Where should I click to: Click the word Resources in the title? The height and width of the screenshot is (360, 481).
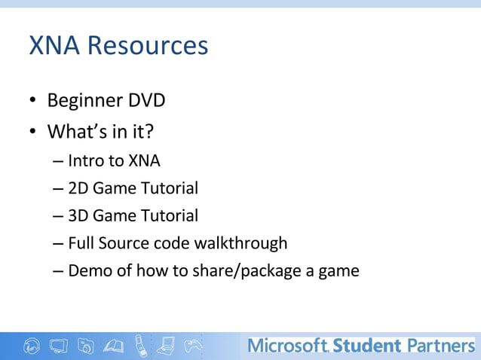click(148, 46)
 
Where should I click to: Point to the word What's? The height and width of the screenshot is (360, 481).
click(75, 132)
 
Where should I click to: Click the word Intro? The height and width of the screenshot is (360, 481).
click(85, 160)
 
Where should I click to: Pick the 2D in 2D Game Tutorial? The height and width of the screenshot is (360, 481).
click(78, 188)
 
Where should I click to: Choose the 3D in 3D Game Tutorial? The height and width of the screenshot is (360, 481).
click(78, 216)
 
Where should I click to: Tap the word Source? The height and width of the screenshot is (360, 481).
click(127, 243)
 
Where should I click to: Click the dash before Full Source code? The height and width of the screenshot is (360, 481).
click(59, 244)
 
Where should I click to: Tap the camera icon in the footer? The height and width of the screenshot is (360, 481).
click(87, 346)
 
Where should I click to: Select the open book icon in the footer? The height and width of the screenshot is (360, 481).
click(114, 346)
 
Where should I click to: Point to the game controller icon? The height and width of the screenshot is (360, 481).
click(195, 346)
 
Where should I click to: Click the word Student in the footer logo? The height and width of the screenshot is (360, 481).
click(366, 346)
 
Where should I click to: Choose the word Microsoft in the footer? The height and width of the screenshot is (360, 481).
click(287, 346)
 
